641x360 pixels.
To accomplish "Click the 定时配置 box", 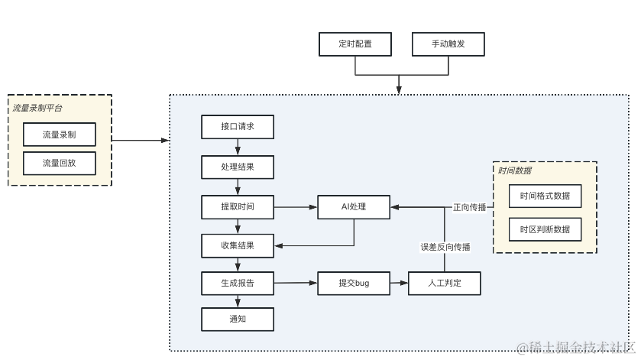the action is click(355, 44).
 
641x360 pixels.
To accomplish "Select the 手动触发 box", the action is click(448, 44).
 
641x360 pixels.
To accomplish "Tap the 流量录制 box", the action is click(60, 135).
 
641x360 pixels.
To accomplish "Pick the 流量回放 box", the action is click(60, 164).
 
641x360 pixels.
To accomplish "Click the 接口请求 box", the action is click(238, 127).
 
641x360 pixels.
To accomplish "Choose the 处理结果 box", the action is click(238, 167).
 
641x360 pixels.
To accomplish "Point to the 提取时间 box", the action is click(238, 207).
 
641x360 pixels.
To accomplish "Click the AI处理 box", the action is click(354, 207).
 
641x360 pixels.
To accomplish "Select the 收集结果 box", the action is click(238, 246).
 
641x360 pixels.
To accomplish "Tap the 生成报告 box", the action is click(238, 283).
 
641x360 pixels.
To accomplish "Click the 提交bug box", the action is click(354, 283).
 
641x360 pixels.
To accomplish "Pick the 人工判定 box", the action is click(445, 283).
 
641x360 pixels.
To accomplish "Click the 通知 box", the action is click(238, 319).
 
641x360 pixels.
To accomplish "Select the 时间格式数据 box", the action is click(545, 196).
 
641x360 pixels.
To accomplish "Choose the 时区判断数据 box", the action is click(545, 229).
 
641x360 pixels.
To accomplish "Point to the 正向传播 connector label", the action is click(470, 207).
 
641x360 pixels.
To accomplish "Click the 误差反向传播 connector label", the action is click(445, 247).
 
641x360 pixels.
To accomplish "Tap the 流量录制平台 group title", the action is click(37, 108).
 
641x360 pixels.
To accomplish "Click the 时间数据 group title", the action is click(515, 170).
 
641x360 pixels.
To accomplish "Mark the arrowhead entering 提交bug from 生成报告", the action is click(313, 283).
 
